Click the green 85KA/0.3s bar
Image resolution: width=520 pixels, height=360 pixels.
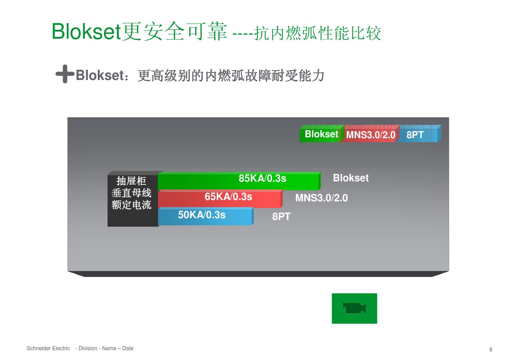[239, 181]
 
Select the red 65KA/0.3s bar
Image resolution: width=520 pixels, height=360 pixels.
[220, 199]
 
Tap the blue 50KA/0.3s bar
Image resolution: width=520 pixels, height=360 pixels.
[205, 216]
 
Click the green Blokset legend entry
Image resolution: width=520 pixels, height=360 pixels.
[321, 135]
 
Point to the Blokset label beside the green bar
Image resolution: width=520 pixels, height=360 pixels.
[351, 178]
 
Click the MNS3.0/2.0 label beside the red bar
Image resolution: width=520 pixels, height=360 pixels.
[321, 198]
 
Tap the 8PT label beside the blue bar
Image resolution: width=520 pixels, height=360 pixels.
[281, 217]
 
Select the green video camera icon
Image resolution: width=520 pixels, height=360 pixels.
[354, 308]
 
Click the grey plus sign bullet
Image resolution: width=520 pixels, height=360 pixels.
[64, 74]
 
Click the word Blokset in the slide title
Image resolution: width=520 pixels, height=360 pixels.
[86, 32]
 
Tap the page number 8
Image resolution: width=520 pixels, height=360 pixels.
[491, 349]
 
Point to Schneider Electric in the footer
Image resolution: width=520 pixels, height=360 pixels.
[48, 348]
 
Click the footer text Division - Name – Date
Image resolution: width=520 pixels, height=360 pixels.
[104, 348]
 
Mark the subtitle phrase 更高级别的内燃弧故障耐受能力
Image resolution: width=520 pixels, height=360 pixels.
[231, 76]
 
